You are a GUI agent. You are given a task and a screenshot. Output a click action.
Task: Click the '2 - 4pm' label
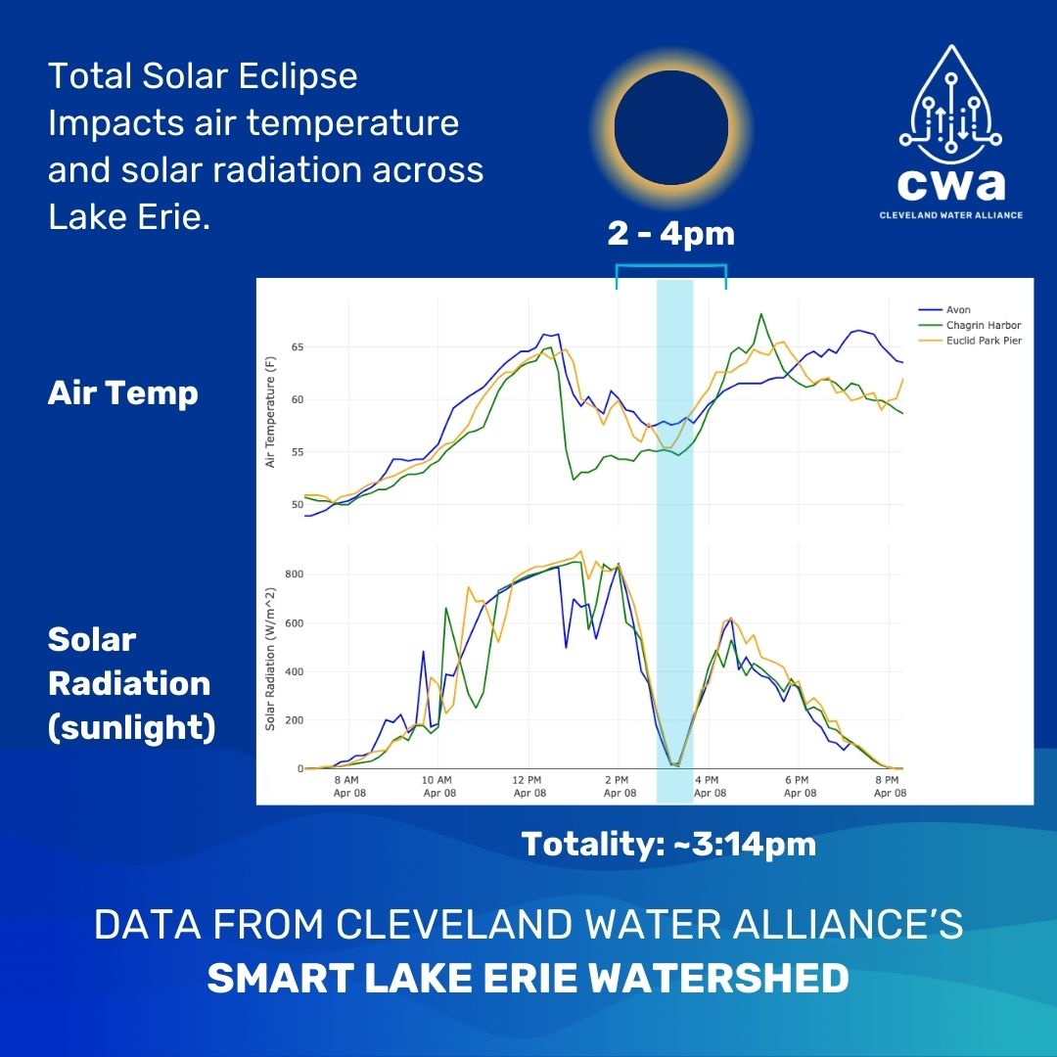point(670,235)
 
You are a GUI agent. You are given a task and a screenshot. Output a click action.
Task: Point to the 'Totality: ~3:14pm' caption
point(668,844)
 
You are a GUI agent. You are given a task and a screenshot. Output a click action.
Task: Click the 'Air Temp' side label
point(122,392)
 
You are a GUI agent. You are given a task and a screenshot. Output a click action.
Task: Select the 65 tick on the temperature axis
point(296,347)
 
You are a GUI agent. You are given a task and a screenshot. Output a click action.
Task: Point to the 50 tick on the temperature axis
point(296,504)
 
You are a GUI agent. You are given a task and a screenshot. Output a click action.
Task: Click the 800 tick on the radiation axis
point(292,574)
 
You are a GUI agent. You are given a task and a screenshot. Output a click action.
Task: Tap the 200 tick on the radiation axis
point(292,720)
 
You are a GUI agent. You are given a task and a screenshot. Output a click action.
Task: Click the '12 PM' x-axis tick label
point(528,786)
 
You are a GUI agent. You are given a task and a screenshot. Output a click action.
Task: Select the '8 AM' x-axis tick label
point(349,786)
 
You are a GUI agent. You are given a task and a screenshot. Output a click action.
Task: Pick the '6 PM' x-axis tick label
point(800,786)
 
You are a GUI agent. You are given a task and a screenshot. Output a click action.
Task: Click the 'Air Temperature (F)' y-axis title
point(271,411)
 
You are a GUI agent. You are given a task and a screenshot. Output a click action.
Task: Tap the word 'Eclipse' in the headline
point(298,76)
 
